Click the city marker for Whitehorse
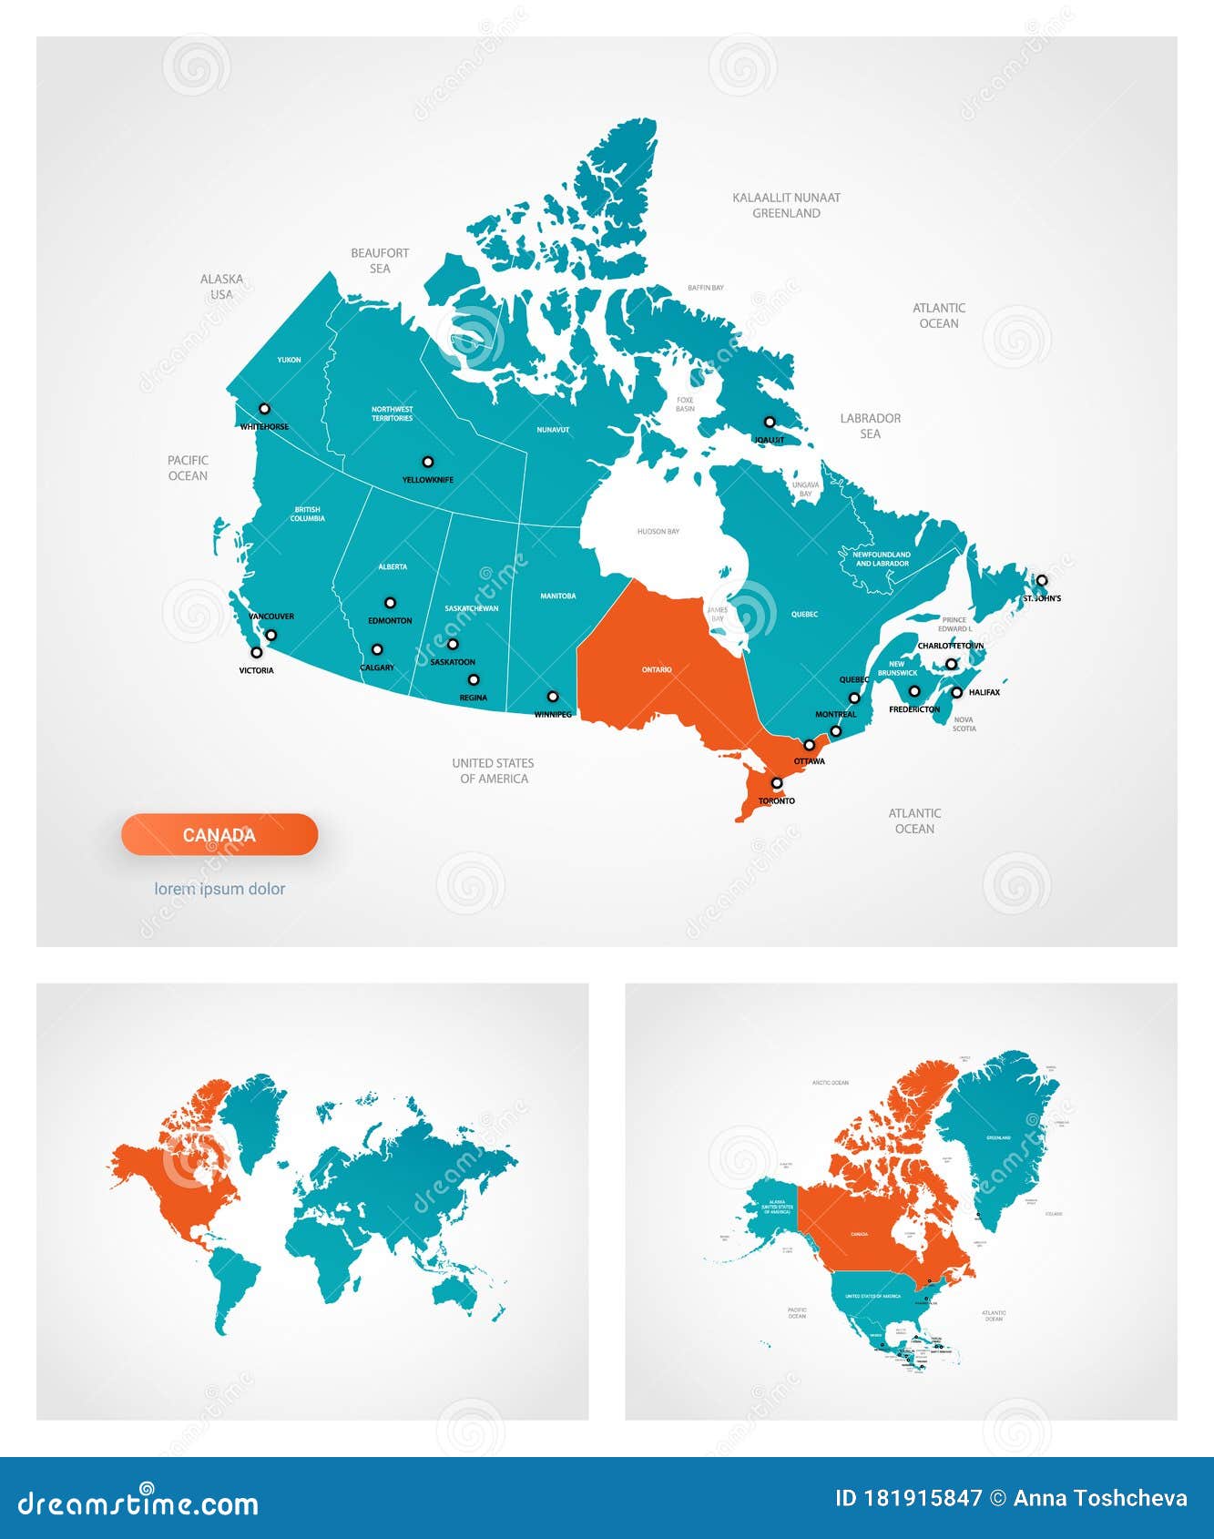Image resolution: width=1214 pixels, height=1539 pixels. point(264,409)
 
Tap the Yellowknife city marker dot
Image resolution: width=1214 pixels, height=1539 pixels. point(427,462)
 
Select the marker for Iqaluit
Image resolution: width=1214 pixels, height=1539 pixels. point(769,423)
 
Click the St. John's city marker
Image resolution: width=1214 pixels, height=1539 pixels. point(1041,580)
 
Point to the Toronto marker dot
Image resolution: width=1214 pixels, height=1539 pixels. point(776,783)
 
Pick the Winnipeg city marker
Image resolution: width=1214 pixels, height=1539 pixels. point(552,697)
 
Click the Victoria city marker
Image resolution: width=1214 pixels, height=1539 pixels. point(256,652)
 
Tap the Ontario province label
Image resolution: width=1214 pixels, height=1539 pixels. point(657,669)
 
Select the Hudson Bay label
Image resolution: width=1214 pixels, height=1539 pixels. point(658,531)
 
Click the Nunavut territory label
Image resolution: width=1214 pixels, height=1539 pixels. point(553,429)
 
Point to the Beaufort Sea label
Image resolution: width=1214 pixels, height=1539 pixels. point(380,260)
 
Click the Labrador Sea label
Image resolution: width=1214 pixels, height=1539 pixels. point(870,425)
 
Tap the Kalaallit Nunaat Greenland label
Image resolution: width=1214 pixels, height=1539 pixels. point(786,205)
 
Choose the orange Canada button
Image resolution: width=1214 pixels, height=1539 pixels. point(219,834)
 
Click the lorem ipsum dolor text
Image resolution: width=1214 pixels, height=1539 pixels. point(219,889)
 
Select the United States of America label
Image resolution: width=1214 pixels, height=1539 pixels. point(493,770)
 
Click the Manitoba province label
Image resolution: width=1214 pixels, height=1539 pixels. point(557,596)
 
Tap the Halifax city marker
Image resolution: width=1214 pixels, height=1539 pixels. point(956,692)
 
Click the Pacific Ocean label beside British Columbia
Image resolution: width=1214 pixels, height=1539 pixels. point(188,468)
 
